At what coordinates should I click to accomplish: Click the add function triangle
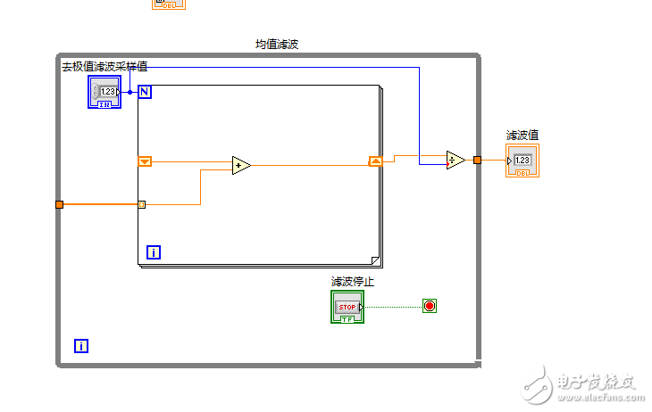click(240, 165)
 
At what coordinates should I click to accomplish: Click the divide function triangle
click(456, 161)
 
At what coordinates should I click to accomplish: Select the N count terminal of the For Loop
click(145, 91)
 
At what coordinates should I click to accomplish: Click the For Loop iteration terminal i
click(154, 252)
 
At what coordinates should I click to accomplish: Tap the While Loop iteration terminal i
click(81, 345)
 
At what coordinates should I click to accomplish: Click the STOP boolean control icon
click(347, 307)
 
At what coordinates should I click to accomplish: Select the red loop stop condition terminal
click(430, 306)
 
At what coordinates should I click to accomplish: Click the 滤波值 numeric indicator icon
click(522, 161)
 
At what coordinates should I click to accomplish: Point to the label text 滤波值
click(522, 136)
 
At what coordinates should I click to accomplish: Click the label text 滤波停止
click(353, 282)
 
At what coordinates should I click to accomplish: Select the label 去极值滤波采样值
click(104, 67)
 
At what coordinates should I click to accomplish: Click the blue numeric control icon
click(104, 92)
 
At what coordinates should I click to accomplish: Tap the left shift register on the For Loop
click(145, 161)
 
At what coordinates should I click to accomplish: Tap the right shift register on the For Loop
click(375, 161)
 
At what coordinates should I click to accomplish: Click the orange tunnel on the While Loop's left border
click(60, 204)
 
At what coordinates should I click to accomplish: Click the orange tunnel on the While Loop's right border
click(478, 161)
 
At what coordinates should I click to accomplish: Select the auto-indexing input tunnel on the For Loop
click(141, 204)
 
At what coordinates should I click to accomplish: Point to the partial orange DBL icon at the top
click(169, 4)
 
